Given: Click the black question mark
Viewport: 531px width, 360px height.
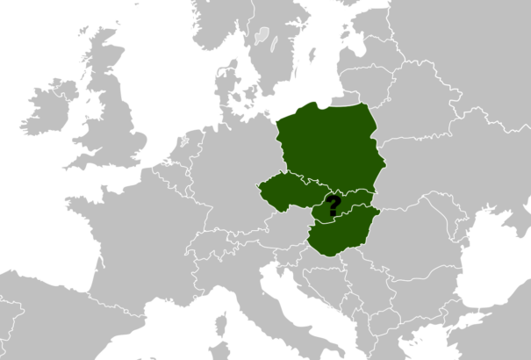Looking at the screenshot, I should [x=333, y=206].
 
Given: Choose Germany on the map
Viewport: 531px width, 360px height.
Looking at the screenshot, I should [x=233, y=176].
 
